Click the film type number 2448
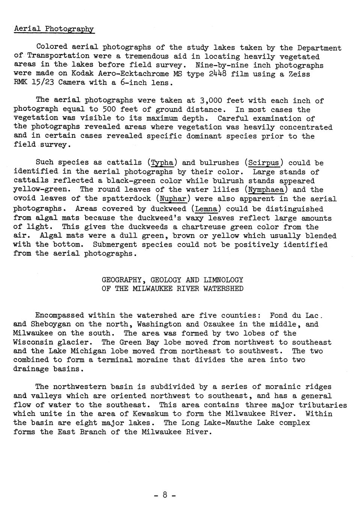coord(218,74)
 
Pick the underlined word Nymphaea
coord(266,190)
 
